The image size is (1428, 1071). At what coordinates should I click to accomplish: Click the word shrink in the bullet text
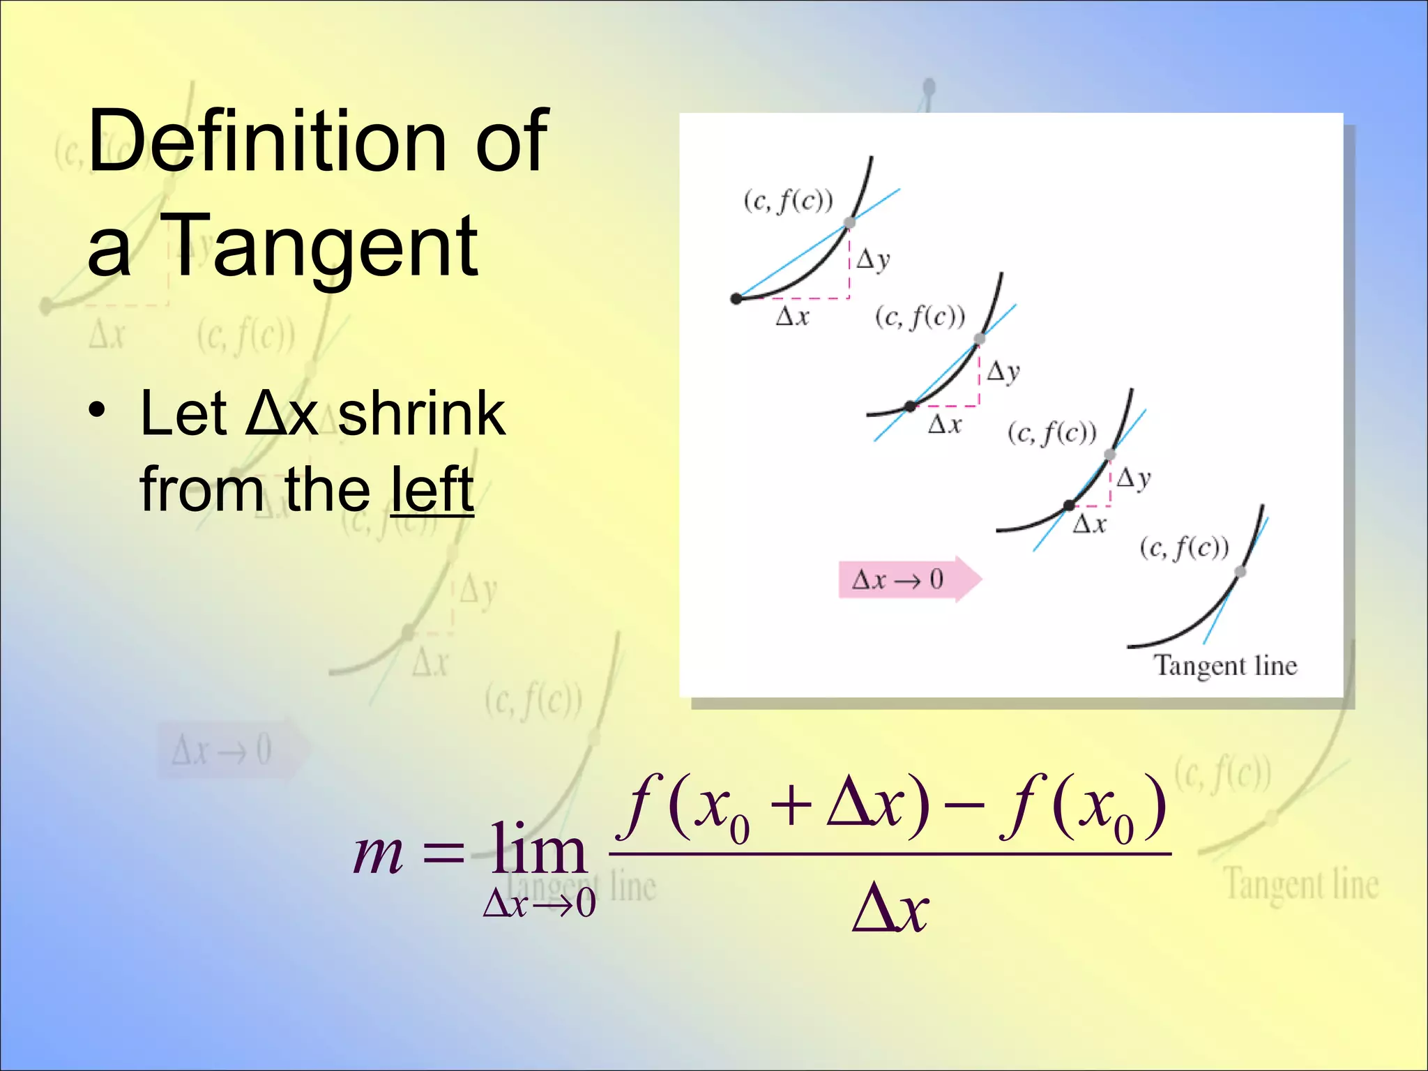421,414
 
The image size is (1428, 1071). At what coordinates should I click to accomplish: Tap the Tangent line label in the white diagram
1225,666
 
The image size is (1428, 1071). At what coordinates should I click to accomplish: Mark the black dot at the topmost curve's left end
736,299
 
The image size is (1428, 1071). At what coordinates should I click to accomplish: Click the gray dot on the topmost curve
849,223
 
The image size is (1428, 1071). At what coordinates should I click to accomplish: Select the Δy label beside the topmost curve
873,259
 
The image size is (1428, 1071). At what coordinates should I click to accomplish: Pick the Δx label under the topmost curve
793,317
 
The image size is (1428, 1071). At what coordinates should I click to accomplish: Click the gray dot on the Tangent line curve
1240,572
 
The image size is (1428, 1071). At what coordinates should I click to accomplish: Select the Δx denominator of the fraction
890,909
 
